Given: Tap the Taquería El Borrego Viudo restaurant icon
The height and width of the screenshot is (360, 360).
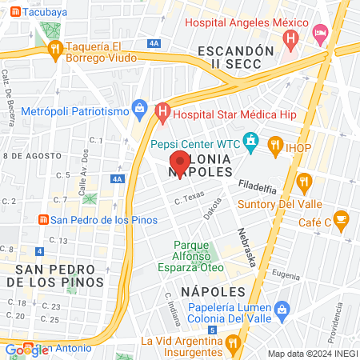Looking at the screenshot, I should tap(55, 50).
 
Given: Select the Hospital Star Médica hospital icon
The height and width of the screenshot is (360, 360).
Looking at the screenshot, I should tap(162, 113).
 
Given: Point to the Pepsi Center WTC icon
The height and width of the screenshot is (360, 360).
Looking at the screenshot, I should tap(251, 144).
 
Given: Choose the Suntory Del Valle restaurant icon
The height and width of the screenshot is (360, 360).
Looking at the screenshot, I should tap(303, 182).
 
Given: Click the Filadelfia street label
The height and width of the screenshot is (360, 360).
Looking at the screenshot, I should tap(256, 190).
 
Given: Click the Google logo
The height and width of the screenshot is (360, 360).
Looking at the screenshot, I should tap(26, 350).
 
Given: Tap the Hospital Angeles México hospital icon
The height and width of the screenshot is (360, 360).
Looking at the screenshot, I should tap(290, 36).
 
